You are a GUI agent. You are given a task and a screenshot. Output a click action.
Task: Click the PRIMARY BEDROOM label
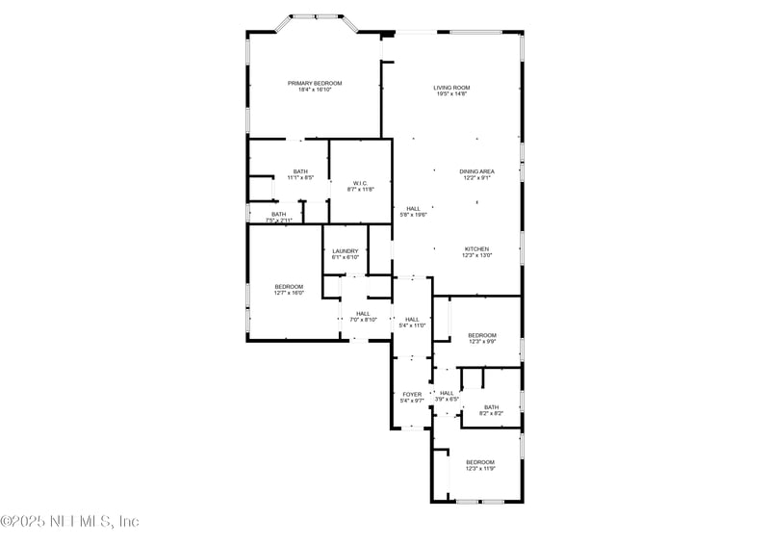click(x=315, y=84)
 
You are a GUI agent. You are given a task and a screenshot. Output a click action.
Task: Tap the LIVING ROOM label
click(x=450, y=88)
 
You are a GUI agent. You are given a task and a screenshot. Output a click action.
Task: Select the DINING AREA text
click(x=476, y=171)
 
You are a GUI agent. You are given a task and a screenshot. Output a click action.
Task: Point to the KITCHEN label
click(x=477, y=248)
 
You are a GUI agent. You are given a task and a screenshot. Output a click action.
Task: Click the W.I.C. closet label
click(x=360, y=183)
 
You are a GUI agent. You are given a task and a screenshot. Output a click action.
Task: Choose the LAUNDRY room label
click(x=346, y=251)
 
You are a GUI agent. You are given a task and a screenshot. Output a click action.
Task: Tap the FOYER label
click(x=411, y=394)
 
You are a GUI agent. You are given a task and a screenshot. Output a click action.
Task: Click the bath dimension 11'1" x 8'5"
click(x=301, y=178)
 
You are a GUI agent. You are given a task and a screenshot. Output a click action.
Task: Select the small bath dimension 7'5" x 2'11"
click(x=278, y=221)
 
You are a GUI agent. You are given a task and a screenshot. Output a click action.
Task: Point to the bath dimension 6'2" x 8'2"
click(x=492, y=413)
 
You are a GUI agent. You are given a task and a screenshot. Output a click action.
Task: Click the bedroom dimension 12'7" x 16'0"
click(x=289, y=293)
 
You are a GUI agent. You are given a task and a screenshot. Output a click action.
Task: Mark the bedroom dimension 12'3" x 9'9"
click(x=482, y=341)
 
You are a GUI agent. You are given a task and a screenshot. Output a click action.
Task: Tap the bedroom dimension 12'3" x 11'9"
click(x=480, y=469)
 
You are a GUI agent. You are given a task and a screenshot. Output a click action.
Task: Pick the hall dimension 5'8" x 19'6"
click(x=413, y=215)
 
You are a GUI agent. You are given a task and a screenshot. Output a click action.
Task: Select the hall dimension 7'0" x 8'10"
click(x=363, y=320)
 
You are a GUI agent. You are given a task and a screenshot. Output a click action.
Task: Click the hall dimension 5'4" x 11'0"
click(x=412, y=325)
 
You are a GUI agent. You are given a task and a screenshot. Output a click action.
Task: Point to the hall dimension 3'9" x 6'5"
click(x=447, y=400)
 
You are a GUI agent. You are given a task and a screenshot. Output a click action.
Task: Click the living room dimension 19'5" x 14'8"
click(x=450, y=94)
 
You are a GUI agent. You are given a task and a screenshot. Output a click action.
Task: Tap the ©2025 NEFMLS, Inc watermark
click(x=70, y=521)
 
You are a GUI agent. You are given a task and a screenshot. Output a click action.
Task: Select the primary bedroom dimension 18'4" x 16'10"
click(x=315, y=91)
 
